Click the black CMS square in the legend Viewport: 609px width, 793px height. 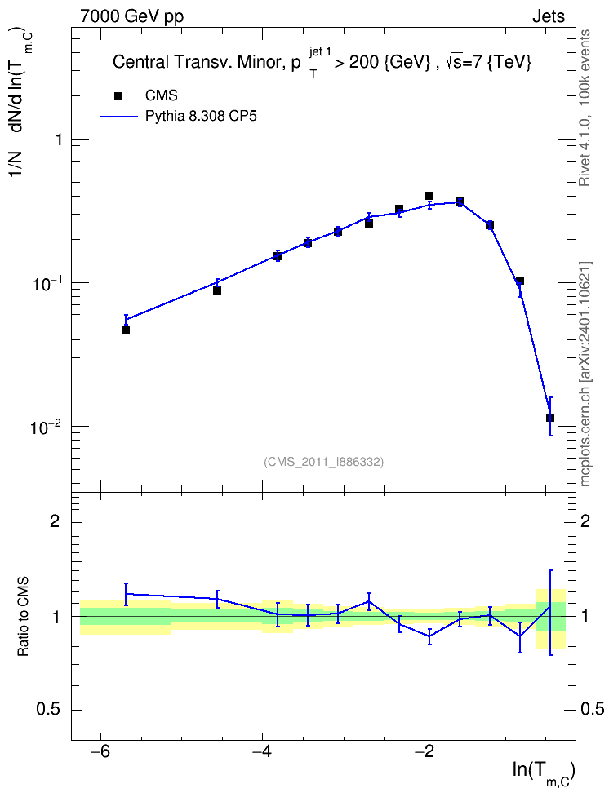pyautogui.click(x=118, y=96)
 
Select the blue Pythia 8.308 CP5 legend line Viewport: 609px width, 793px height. pyautogui.click(x=118, y=117)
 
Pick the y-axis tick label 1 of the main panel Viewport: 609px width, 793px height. pyautogui.click(x=59, y=139)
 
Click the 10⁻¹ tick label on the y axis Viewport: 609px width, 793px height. pyautogui.click(x=46, y=284)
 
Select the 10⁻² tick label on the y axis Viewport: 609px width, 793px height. pyautogui.click(x=46, y=428)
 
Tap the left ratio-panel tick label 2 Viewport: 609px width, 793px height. pyautogui.click(x=55, y=521)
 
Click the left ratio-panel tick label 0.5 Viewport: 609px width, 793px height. pyautogui.click(x=49, y=710)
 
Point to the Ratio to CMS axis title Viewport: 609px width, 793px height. pyautogui.click(x=24, y=617)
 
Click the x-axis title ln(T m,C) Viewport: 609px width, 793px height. pyautogui.click(x=543, y=772)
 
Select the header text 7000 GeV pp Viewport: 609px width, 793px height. pyautogui.click(x=131, y=16)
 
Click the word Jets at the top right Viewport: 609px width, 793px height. pyautogui.click(x=549, y=16)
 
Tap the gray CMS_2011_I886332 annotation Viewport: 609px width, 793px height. pyautogui.click(x=323, y=462)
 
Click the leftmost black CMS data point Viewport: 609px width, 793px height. pyautogui.click(x=126, y=330)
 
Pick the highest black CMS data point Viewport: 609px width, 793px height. pyautogui.click(x=429, y=196)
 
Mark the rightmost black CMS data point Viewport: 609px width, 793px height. pyautogui.click(x=549, y=418)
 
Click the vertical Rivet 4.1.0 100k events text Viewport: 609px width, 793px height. pyautogui.click(x=585, y=108)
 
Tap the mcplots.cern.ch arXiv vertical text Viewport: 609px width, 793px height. pyautogui.click(x=585, y=374)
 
